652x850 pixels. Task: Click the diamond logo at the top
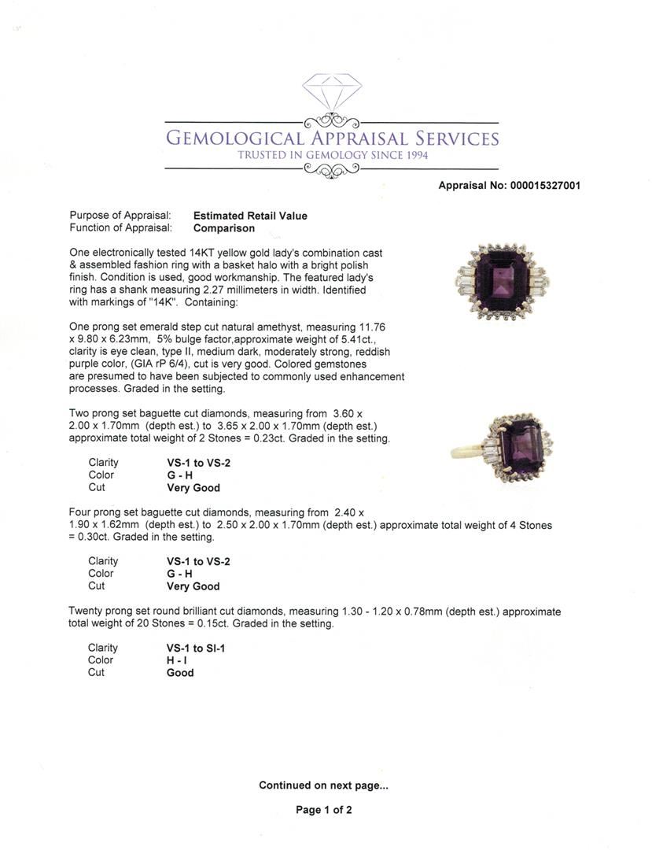[331, 92]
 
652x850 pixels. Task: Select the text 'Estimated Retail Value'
[250, 216]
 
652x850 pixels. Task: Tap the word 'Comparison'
[224, 228]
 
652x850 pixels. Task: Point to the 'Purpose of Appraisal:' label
[120, 216]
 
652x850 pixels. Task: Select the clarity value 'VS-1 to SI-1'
[201, 649]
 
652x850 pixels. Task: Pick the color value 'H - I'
[177, 660]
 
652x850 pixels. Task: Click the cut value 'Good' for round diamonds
[180, 673]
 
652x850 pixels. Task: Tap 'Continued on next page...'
[323, 785]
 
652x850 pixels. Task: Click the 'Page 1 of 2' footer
[323, 810]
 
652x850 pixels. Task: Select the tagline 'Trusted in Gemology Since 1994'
[332, 156]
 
